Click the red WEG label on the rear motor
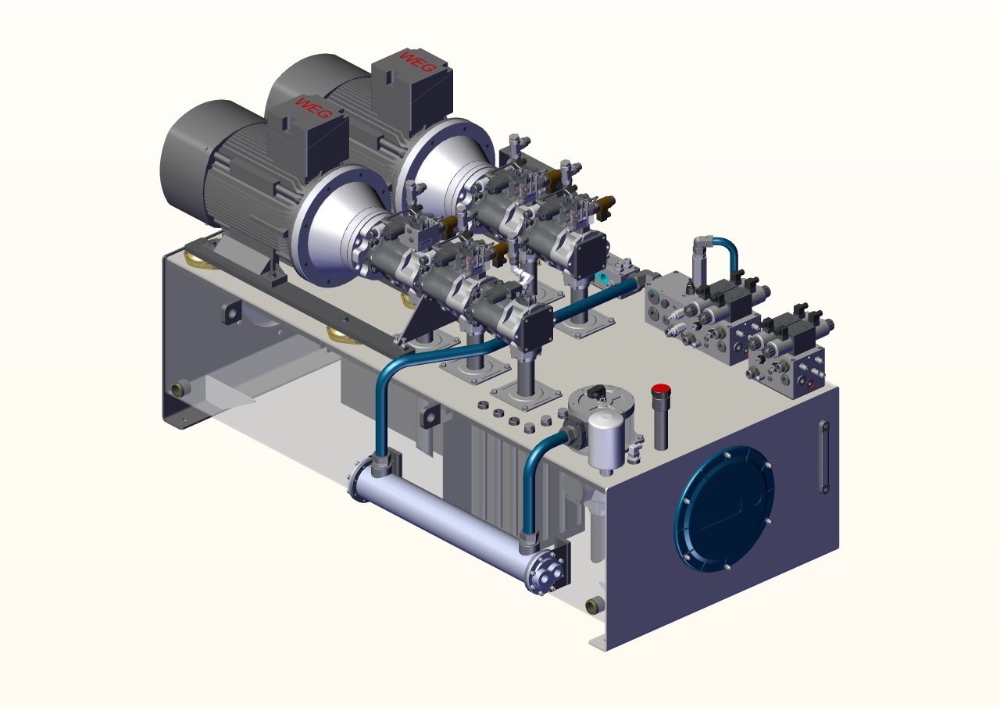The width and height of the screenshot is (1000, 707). pyautogui.click(x=416, y=62)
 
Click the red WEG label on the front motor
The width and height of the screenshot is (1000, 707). pyautogui.click(x=313, y=108)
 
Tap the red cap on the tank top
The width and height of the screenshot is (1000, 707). pyautogui.click(x=660, y=389)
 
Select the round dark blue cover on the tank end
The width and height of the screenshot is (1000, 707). pyautogui.click(x=724, y=509)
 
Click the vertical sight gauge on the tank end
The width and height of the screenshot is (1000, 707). pyautogui.click(x=824, y=456)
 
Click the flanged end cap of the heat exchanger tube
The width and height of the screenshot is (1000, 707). pyautogui.click(x=545, y=572)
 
